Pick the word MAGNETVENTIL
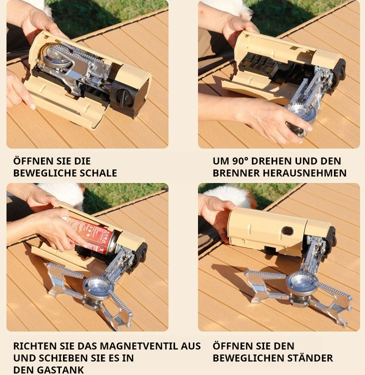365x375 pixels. tap(150, 346)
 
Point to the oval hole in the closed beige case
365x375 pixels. tap(287, 231)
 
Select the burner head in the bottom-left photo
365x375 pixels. tap(97, 287)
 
